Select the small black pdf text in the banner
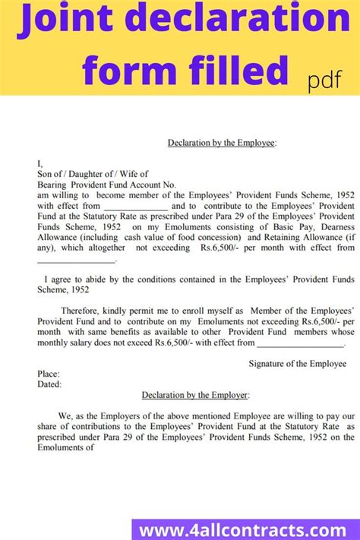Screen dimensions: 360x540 click(324, 78)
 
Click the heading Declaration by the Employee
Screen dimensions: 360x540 click(222, 142)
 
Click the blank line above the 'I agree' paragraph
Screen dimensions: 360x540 click(77, 259)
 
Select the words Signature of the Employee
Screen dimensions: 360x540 click(298, 364)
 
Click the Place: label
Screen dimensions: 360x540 click(49, 374)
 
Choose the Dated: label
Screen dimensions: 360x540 click(49, 384)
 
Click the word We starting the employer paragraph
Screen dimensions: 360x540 click(63, 416)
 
